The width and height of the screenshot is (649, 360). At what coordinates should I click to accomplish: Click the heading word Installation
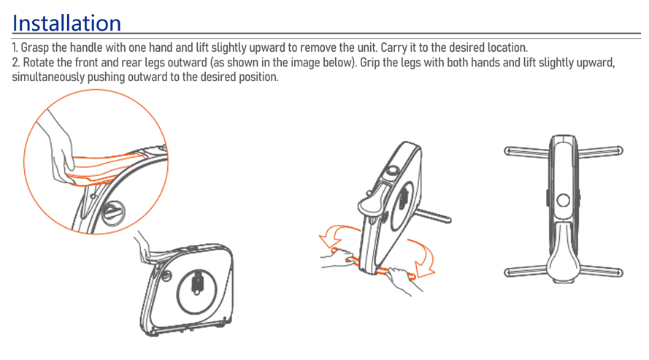pyautogui.click(x=66, y=23)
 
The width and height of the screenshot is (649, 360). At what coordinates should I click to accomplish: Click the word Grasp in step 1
pyautogui.click(x=34, y=47)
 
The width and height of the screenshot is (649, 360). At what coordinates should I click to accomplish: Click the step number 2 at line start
pyautogui.click(x=16, y=63)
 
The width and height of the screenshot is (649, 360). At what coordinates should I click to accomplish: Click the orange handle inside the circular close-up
pyautogui.click(x=106, y=169)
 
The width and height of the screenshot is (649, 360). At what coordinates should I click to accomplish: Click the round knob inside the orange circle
pyautogui.click(x=112, y=212)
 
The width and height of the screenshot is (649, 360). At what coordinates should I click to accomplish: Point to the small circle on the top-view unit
pyautogui.click(x=564, y=201)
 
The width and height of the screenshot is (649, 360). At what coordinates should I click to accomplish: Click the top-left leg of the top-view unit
pyautogui.click(x=527, y=151)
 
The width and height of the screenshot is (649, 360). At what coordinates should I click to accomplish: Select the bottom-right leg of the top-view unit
pyautogui.click(x=602, y=272)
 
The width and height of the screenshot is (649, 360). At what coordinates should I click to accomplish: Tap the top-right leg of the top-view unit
pyautogui.click(x=600, y=151)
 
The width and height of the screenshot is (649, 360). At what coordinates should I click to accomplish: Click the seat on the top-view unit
pyautogui.click(x=564, y=253)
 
